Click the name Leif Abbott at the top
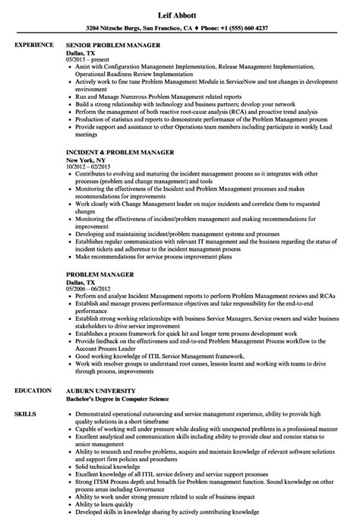(180, 11)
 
